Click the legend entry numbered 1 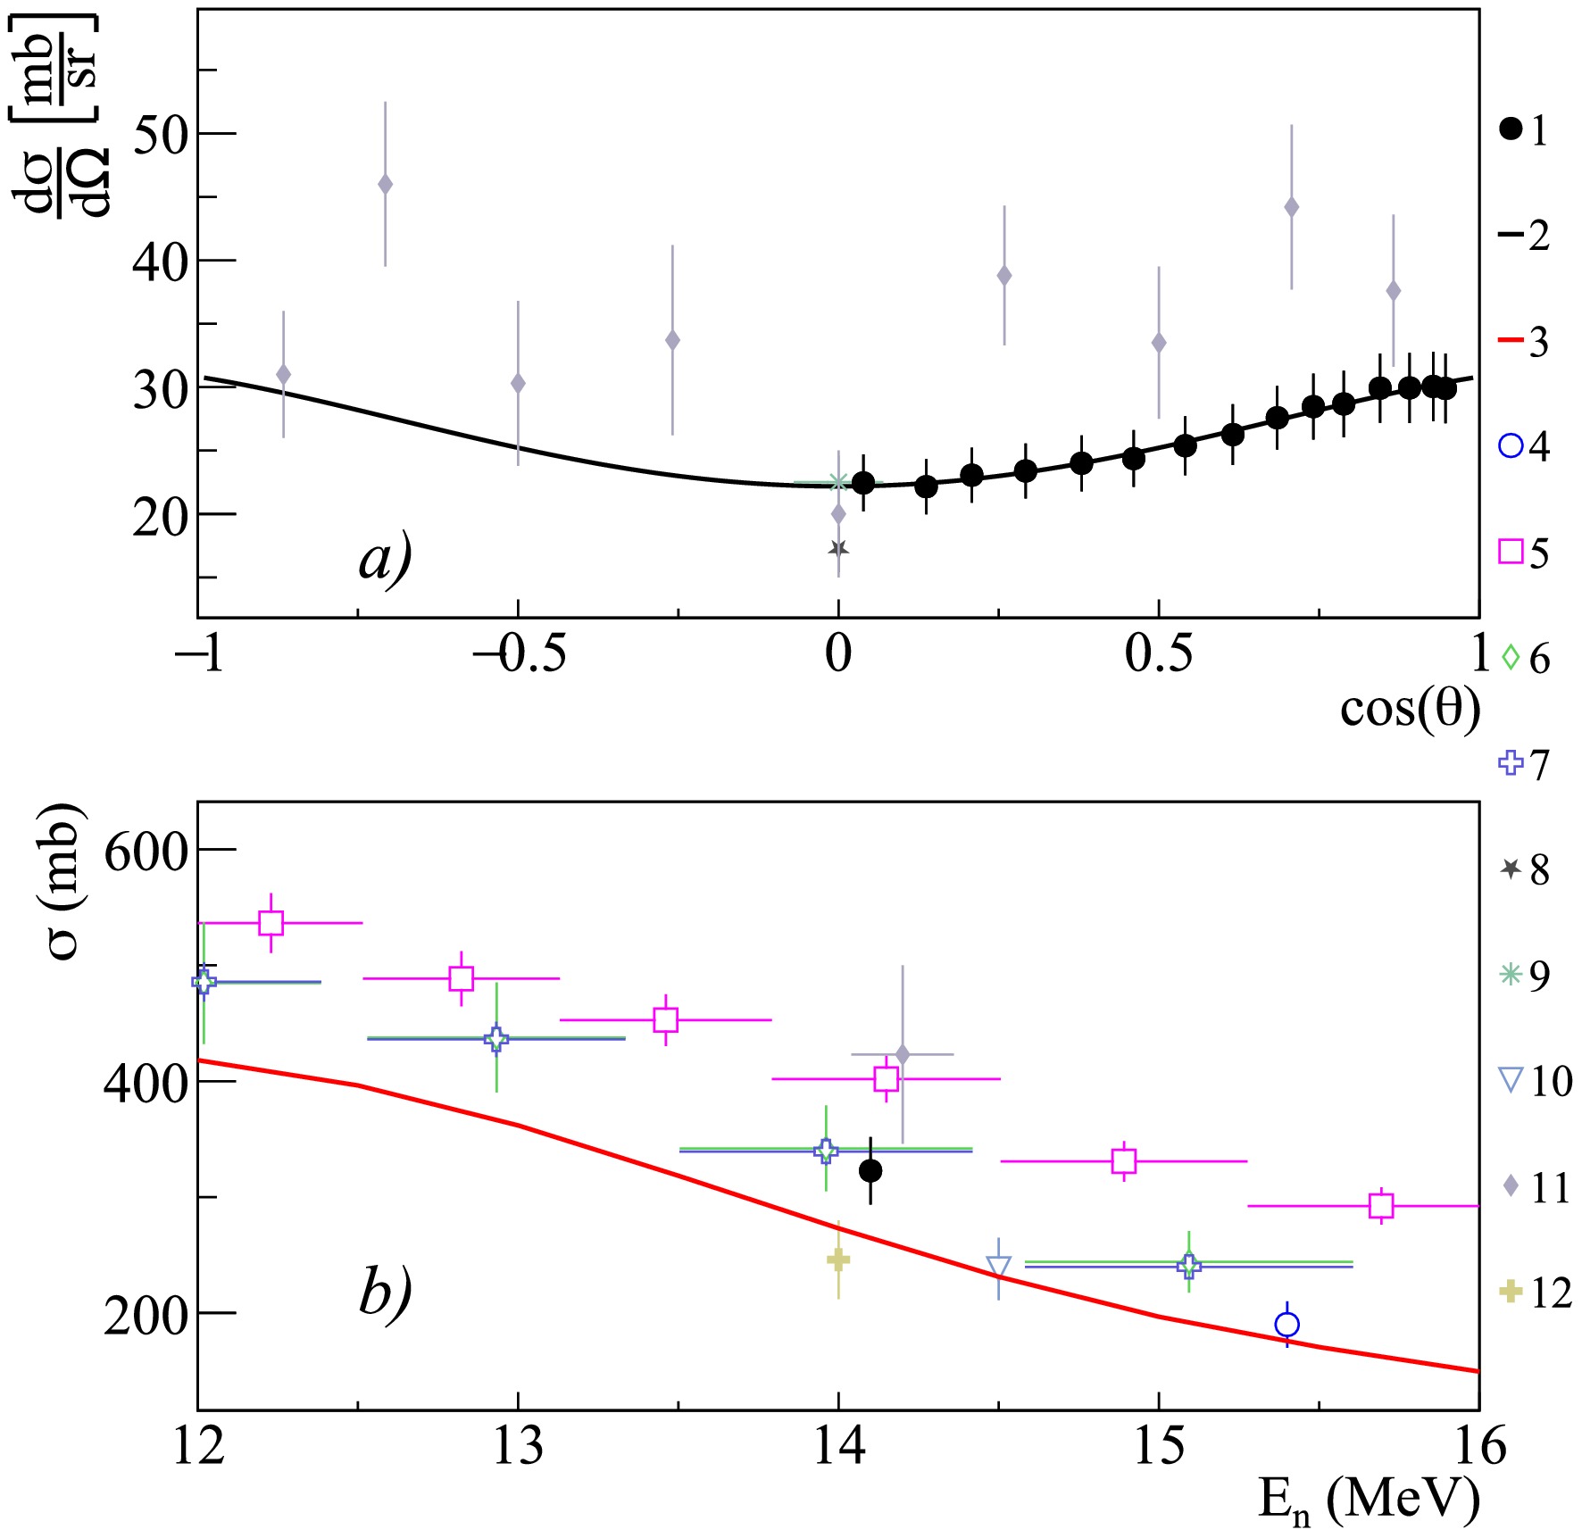(x=1524, y=130)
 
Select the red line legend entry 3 (x=1524, y=342)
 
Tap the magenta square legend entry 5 (x=1523, y=553)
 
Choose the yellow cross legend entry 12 (x=1528, y=1292)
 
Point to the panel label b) (x=385, y=1291)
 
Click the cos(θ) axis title (x=1410, y=710)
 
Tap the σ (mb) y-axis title (x=64, y=881)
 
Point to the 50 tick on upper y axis (x=161, y=135)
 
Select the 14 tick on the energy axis (x=838, y=1446)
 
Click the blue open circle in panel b (x=1286, y=1325)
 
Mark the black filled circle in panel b (x=870, y=1170)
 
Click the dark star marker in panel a (x=838, y=549)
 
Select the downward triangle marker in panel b (x=998, y=1268)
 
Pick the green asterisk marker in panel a (x=837, y=483)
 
